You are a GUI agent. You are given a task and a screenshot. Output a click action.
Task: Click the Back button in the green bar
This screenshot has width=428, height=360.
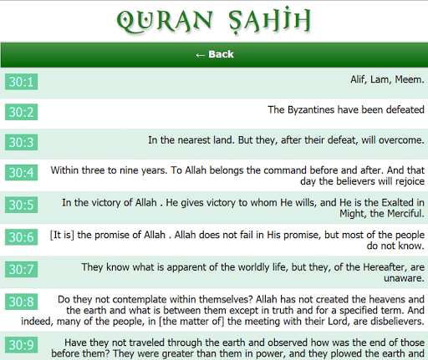215,54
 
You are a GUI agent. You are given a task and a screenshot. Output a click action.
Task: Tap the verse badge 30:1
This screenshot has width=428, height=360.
21,82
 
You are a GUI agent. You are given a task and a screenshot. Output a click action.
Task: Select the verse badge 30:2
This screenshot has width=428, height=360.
21,112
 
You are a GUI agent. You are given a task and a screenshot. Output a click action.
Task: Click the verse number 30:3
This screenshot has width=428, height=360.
21,142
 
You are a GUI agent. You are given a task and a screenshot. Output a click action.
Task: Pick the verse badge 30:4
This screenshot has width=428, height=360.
21,173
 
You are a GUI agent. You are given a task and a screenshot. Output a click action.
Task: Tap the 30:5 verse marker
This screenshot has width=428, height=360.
21,205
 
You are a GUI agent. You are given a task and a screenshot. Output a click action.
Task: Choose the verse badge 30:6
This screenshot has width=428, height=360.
21,237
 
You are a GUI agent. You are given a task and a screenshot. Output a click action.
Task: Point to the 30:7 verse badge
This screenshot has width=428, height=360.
21,270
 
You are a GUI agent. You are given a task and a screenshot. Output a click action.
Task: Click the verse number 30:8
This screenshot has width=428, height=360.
21,302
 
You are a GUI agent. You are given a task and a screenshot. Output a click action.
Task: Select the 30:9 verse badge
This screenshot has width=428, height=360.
21,345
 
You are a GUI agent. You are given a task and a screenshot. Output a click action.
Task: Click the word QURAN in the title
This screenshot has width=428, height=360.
165,21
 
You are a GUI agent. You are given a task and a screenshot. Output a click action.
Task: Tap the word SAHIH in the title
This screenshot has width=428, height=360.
270,20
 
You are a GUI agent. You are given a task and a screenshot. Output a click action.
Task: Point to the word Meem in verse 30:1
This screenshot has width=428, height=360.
410,79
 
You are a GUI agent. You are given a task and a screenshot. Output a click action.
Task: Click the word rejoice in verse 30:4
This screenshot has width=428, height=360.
410,181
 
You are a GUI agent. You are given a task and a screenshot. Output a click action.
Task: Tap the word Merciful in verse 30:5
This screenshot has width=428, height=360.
406,214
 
